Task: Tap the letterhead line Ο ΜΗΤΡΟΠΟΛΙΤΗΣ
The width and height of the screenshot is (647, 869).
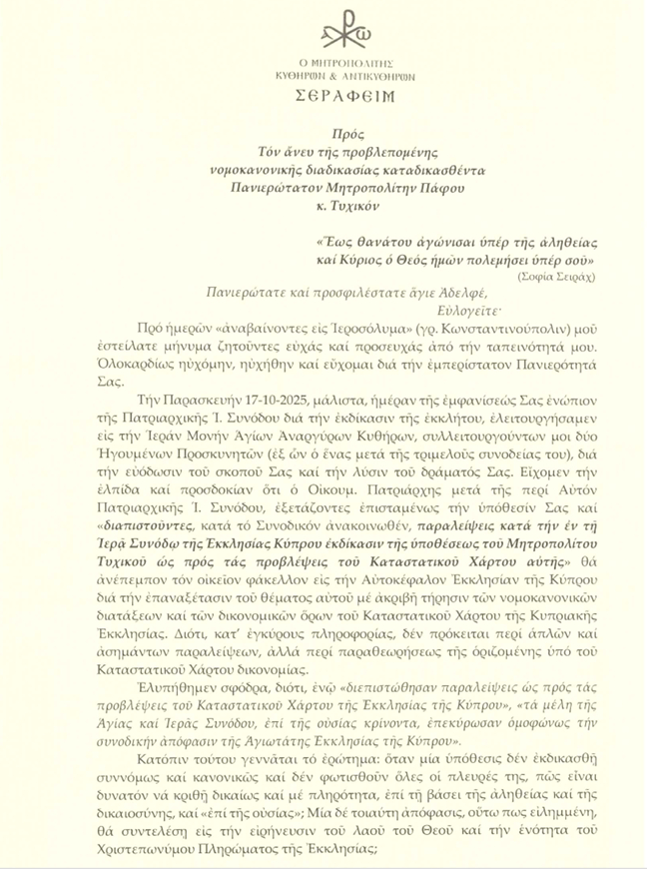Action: tap(324, 61)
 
